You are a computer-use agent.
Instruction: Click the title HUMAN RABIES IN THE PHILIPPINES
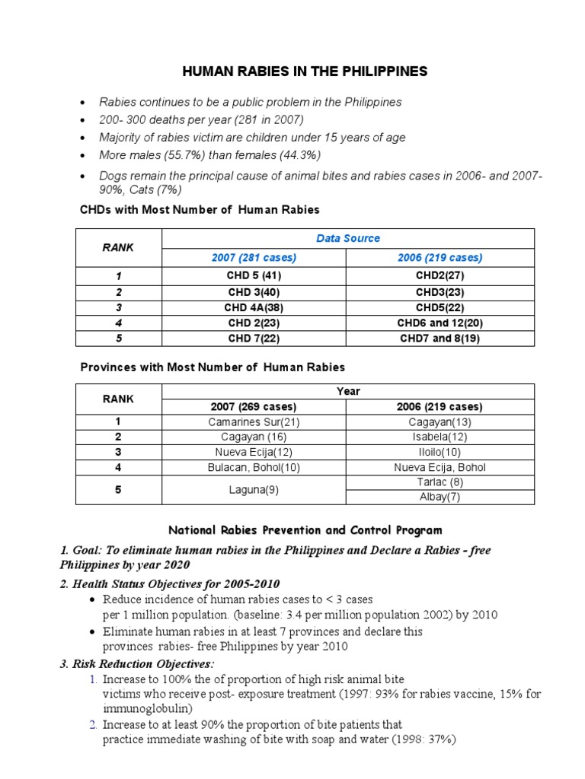305,72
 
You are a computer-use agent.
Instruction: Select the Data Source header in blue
348,238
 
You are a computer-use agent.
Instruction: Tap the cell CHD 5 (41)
254,275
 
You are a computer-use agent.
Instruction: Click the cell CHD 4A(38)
254,307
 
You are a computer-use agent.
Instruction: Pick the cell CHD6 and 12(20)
441,323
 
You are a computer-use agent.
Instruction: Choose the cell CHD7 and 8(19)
441,339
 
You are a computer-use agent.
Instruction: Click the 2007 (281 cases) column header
254,258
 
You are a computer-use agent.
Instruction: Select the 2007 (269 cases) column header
254,406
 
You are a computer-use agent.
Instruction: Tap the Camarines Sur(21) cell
254,421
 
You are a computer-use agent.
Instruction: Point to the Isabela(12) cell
441,437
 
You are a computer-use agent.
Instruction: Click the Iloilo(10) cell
441,452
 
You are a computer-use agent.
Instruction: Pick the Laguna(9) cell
254,490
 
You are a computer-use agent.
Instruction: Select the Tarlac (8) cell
441,482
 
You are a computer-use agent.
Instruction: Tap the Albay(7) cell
441,498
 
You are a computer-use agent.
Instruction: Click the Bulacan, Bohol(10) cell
254,467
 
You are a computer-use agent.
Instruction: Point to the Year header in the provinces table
348,391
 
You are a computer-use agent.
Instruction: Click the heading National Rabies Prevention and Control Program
305,529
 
